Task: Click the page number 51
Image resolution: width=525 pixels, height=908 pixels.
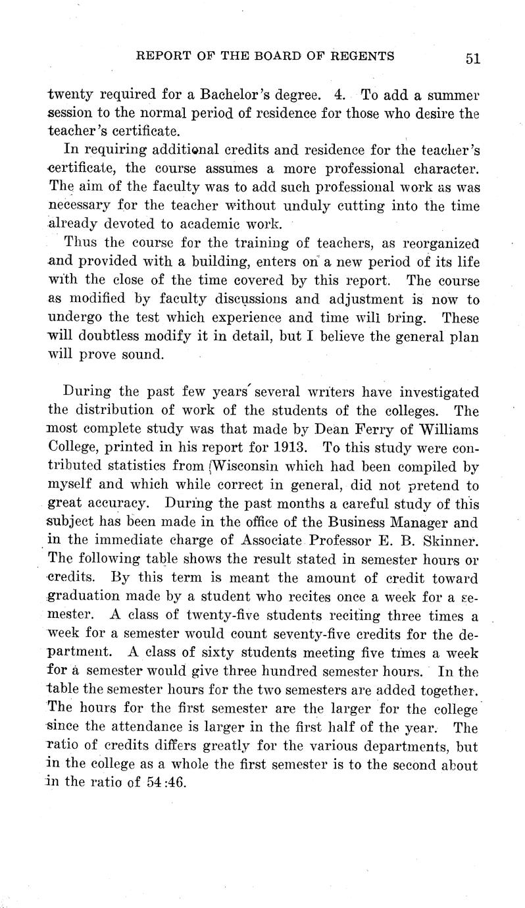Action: pos(472,58)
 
